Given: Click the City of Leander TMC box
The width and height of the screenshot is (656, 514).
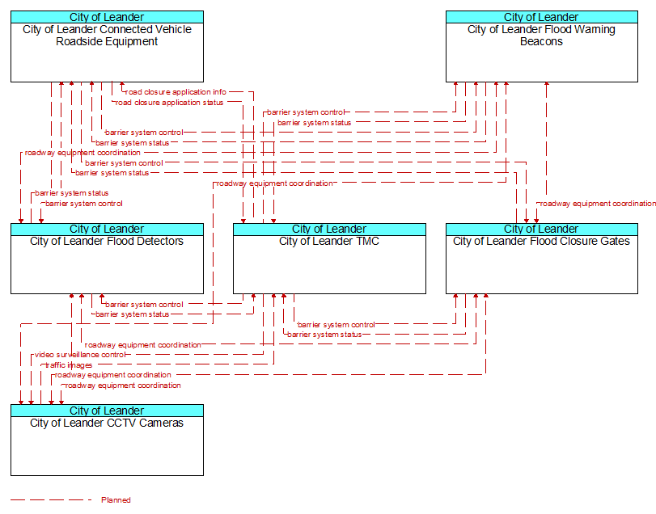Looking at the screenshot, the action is click(329, 259).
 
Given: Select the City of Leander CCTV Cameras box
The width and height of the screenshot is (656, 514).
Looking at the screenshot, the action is click(107, 440).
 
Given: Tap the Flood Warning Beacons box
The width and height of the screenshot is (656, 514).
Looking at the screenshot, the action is click(542, 46).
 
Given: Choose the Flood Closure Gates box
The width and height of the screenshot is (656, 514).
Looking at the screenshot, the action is click(542, 259).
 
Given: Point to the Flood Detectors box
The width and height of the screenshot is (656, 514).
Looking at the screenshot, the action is click(107, 259).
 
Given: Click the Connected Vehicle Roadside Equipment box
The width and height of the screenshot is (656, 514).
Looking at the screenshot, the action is click(107, 46).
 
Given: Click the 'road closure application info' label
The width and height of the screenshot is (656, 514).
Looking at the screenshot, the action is click(176, 92).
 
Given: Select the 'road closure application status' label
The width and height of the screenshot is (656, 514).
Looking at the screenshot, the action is click(169, 103).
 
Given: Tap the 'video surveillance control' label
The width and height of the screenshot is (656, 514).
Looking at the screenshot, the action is click(79, 355).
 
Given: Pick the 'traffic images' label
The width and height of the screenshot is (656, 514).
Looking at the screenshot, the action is click(69, 365).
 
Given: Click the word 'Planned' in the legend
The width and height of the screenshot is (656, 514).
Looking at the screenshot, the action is click(116, 499).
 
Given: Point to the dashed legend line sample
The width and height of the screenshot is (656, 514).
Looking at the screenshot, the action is click(51, 499).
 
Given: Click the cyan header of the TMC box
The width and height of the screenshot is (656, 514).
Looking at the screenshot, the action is click(329, 229).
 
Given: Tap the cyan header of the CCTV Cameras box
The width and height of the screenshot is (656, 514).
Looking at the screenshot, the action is click(107, 411).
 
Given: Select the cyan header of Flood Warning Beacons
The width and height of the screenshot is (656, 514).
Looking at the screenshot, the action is click(542, 17).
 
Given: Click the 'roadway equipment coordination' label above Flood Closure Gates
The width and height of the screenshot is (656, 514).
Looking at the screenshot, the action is click(598, 204).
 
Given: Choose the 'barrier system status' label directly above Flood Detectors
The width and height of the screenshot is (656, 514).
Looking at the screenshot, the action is click(72, 193).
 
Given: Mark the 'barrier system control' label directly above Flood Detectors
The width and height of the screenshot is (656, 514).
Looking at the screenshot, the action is click(83, 204).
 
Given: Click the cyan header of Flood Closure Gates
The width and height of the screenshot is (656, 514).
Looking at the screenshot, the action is click(542, 229).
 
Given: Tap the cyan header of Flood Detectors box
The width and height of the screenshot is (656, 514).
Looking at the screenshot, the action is click(107, 229).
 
